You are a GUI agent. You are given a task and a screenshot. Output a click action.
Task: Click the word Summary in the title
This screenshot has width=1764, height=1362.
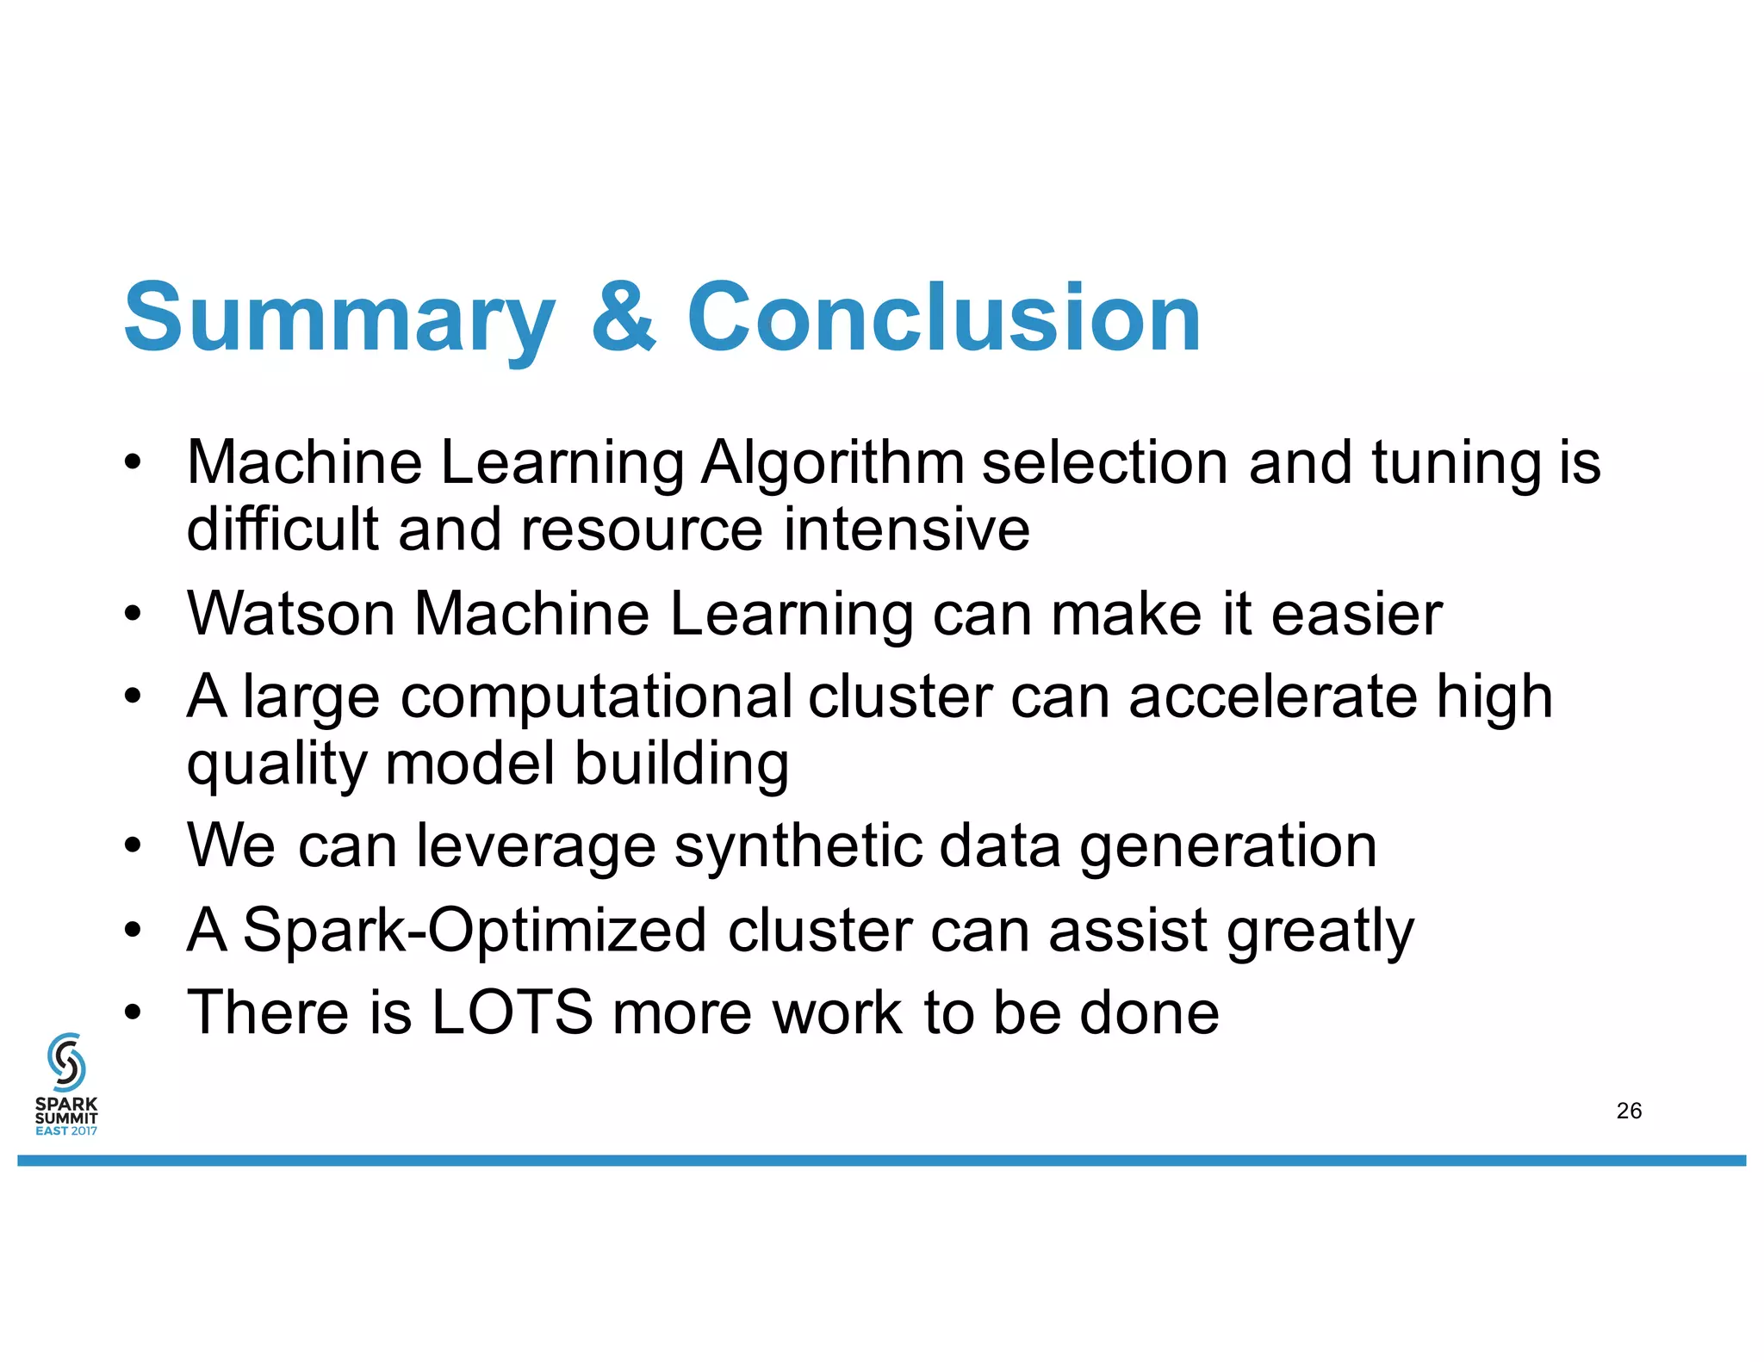click(x=339, y=319)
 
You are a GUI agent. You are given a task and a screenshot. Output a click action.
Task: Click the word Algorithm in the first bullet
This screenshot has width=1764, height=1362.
click(x=832, y=463)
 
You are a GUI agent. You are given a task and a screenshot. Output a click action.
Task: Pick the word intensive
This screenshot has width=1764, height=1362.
click(x=906, y=529)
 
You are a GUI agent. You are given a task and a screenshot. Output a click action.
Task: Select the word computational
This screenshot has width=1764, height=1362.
click(x=596, y=696)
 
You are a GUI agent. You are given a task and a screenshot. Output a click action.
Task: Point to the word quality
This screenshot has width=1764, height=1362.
click(x=276, y=765)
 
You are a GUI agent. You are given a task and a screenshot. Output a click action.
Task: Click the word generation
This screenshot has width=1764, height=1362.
click(x=1227, y=847)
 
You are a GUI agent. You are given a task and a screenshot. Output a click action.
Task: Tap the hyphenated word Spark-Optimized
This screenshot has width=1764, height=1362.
click(x=475, y=931)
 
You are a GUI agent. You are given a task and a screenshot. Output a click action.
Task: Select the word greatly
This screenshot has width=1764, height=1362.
click(x=1320, y=932)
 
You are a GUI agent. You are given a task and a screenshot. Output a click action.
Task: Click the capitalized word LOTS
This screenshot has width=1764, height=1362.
click(x=512, y=1012)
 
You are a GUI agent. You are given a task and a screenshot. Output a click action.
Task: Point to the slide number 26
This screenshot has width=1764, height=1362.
click(x=1629, y=1111)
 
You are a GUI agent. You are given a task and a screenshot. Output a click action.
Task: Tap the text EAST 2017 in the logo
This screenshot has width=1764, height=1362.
click(x=66, y=1130)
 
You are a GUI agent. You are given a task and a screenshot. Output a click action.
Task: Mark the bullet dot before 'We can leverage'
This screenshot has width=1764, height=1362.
click(x=132, y=845)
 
